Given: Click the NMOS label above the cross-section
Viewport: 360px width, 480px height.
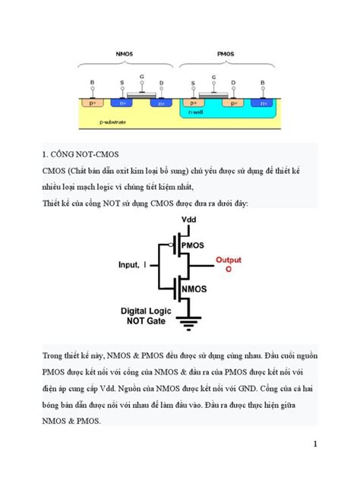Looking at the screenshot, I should (125, 55).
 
